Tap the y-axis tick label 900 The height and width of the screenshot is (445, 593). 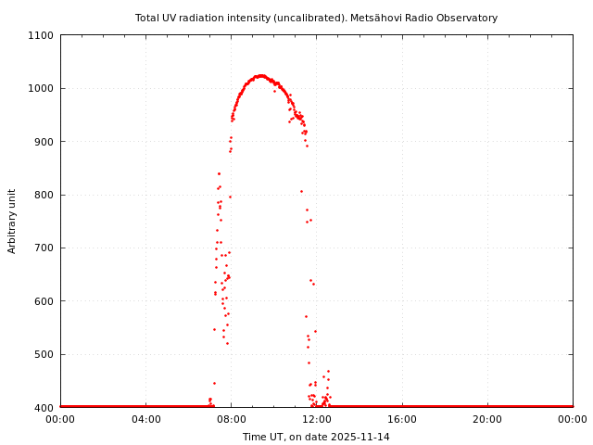(44, 142)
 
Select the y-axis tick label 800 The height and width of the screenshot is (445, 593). (44, 195)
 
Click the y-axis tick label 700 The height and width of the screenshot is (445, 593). (44, 248)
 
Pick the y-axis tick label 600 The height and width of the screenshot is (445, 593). (44, 301)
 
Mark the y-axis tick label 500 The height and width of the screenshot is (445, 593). (44, 354)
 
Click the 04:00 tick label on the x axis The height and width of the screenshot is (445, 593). (145, 419)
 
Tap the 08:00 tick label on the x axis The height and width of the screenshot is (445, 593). (231, 419)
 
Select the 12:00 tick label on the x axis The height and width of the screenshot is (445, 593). (316, 419)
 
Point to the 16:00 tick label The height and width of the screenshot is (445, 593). (402, 419)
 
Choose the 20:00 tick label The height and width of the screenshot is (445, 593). (487, 419)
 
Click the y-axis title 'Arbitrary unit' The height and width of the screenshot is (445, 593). (13, 221)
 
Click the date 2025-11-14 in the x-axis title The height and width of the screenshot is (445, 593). (360, 437)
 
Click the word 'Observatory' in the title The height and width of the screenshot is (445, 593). (469, 18)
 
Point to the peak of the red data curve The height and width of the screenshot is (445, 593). (261, 75)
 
